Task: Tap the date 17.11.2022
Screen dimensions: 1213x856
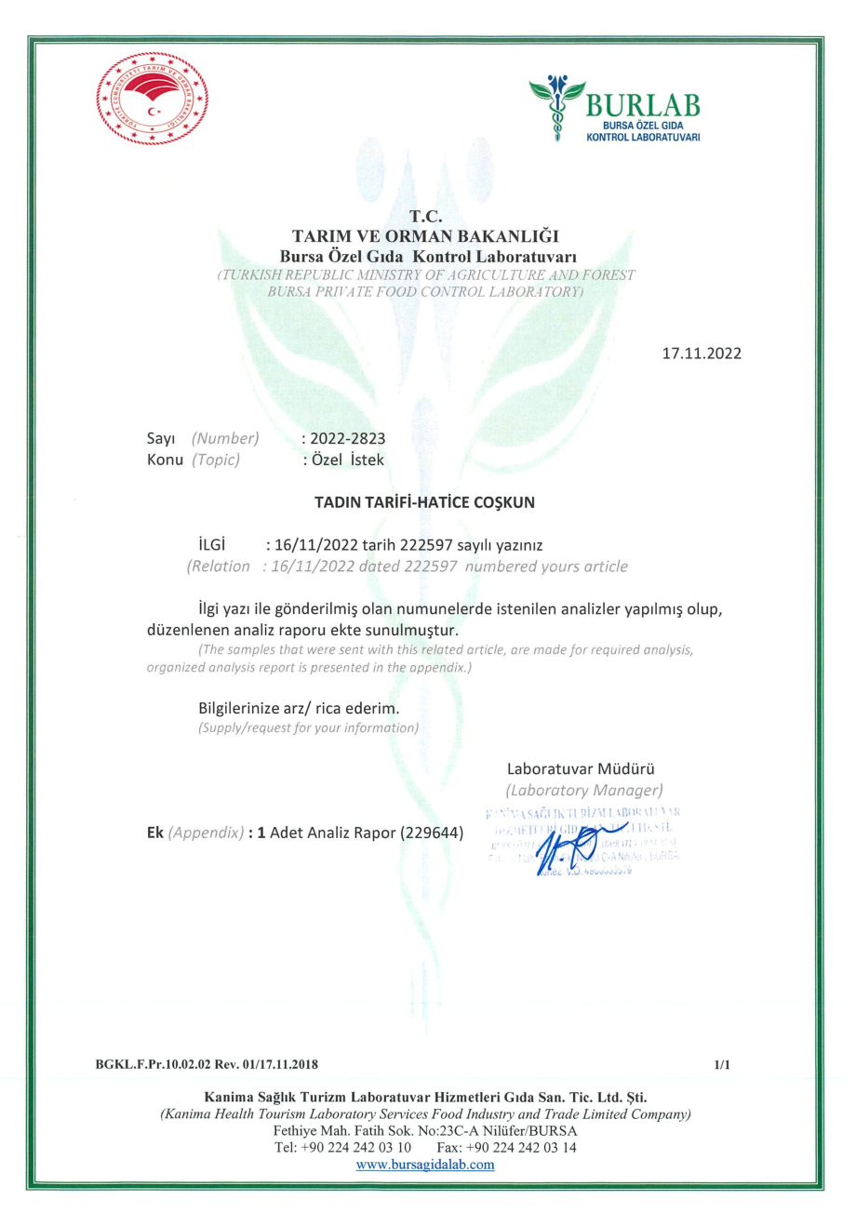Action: tap(702, 354)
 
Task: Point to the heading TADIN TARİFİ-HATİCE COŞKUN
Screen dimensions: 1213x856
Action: tap(427, 503)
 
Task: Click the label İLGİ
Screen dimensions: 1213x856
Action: tap(213, 544)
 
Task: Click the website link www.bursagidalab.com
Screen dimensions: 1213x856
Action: tap(426, 1164)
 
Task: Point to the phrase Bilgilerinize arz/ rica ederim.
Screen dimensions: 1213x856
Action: tap(299, 709)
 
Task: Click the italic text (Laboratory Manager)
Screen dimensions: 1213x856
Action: tap(583, 791)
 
